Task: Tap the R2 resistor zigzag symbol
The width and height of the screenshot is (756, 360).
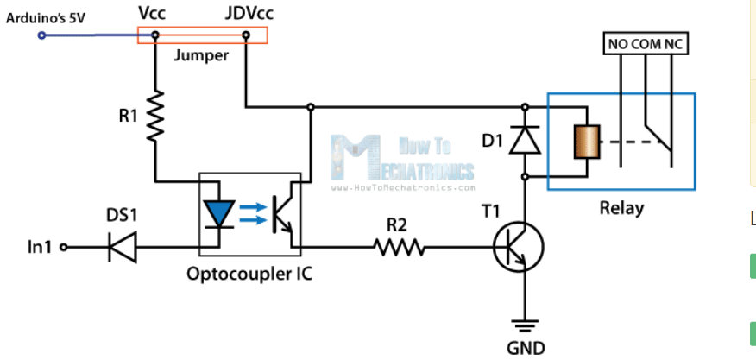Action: click(x=400, y=248)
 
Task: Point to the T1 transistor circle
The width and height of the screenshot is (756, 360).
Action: click(x=519, y=247)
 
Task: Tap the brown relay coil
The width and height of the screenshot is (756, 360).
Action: click(x=583, y=141)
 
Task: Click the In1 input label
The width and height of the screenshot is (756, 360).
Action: click(x=39, y=248)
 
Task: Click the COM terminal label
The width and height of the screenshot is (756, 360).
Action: click(x=645, y=45)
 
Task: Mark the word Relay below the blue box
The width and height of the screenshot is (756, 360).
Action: click(x=621, y=208)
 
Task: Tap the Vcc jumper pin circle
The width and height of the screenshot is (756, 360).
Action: click(x=155, y=35)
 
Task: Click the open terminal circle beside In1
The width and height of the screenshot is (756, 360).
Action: click(x=64, y=248)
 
